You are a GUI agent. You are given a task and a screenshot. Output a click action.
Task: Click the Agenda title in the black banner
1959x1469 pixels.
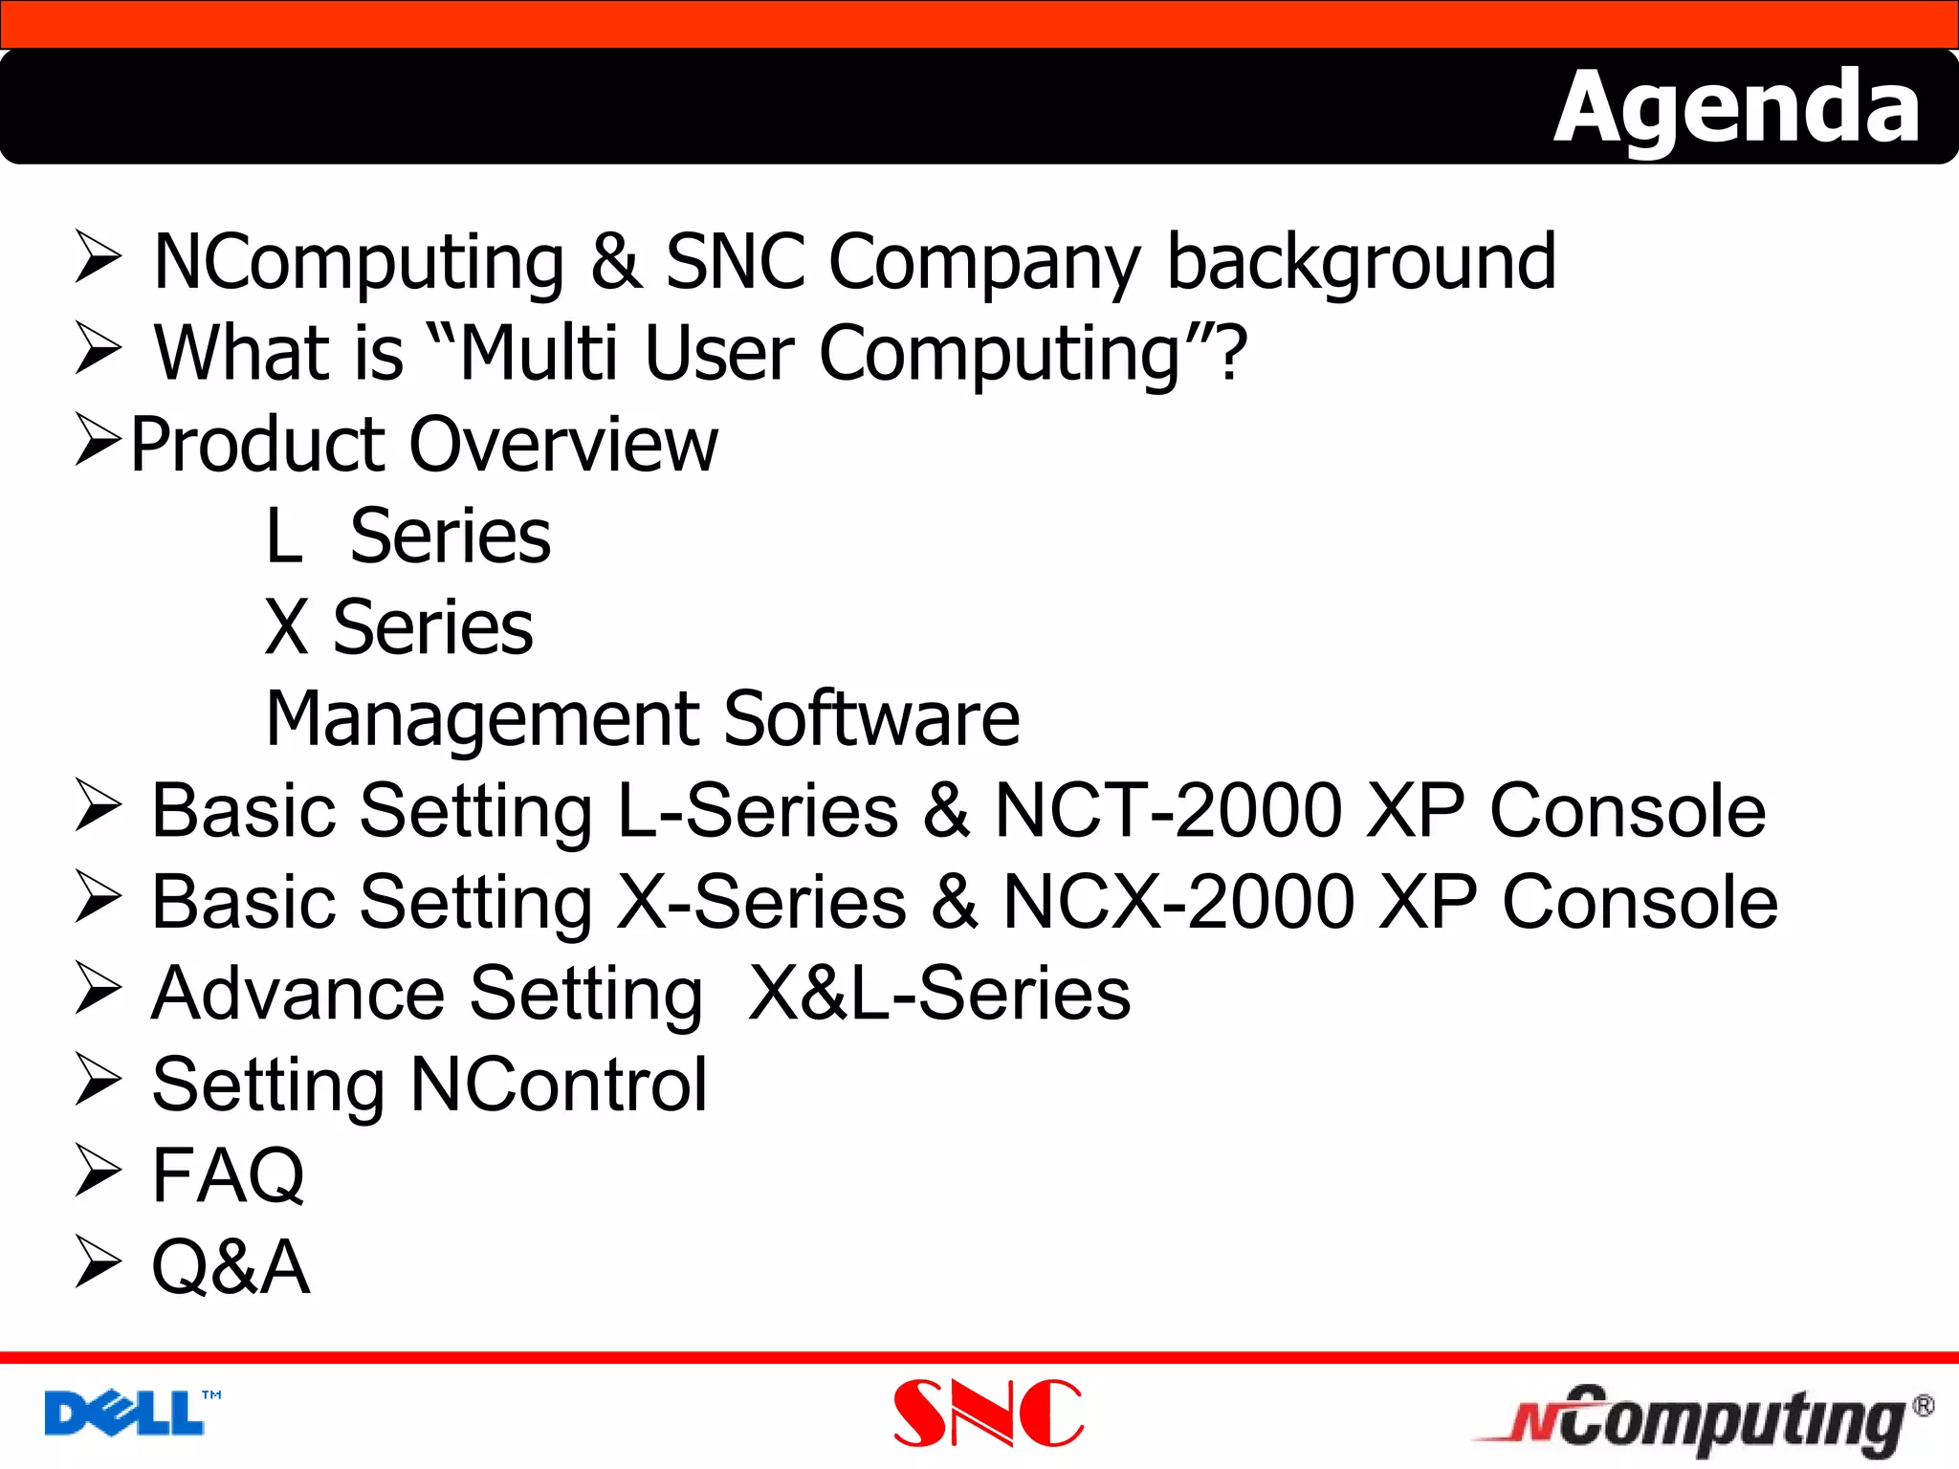1735,109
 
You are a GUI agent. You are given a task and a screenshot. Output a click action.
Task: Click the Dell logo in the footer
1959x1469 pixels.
126,1414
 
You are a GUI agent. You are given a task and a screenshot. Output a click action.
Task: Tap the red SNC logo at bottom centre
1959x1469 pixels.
987,1414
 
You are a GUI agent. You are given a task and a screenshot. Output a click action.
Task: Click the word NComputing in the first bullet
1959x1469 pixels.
359,262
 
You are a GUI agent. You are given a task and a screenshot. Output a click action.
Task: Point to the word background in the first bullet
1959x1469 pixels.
1360,262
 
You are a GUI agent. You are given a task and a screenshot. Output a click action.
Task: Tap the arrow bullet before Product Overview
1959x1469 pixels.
98,440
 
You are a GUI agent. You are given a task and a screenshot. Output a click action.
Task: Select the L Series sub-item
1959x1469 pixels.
407,536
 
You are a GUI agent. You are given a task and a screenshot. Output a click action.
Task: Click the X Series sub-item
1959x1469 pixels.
398,627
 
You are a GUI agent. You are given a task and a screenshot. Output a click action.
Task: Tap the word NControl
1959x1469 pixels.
559,1085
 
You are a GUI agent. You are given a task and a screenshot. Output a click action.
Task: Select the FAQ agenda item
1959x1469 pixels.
228,1175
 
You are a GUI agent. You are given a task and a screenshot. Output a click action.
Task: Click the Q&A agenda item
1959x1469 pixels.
231,1267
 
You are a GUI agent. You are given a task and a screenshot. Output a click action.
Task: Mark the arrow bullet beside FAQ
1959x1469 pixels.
98,1172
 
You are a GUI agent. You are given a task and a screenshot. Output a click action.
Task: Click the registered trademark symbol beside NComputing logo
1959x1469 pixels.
1924,1406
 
